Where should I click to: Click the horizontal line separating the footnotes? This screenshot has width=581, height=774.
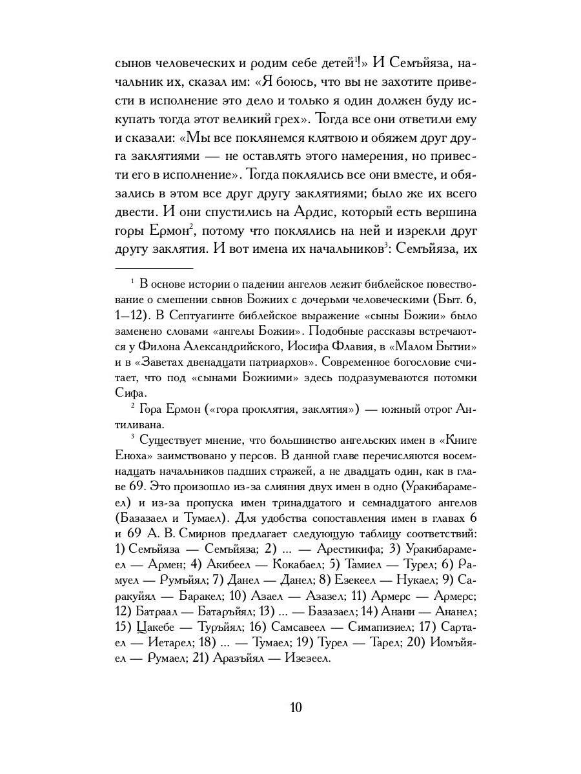[x=154, y=267]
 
